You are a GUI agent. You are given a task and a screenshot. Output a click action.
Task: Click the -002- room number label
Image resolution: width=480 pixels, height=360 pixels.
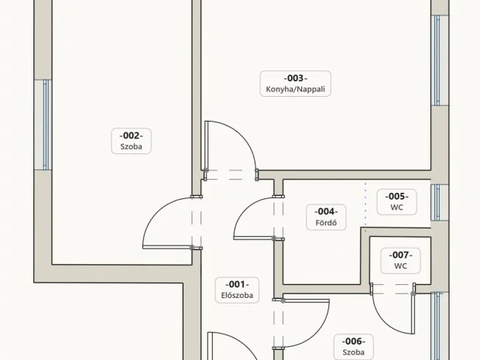[131, 135]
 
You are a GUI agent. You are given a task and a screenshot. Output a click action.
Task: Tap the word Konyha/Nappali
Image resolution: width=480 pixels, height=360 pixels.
[296, 89]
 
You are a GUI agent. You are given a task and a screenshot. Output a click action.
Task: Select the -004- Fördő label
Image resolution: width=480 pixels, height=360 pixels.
[326, 217]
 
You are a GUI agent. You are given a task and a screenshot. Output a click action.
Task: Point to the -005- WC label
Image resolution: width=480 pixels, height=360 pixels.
[396, 202]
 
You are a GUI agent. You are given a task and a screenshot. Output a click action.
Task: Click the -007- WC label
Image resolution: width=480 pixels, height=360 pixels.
[400, 260]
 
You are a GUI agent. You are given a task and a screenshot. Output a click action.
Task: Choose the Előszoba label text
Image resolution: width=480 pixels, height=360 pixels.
[237, 296]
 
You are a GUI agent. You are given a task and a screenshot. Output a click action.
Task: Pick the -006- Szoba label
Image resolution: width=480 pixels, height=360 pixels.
[354, 347]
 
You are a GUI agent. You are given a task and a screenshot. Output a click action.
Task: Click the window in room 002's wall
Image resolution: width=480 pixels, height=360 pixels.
[46, 125]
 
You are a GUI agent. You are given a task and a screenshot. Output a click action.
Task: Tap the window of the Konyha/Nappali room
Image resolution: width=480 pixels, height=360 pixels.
[437, 60]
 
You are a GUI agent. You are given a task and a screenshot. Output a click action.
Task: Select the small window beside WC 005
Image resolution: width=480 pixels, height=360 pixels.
[436, 202]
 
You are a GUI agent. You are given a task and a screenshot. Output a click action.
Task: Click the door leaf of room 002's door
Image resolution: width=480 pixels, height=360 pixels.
[167, 247]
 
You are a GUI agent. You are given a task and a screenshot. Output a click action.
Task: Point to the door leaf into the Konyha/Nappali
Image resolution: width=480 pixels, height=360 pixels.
[207, 145]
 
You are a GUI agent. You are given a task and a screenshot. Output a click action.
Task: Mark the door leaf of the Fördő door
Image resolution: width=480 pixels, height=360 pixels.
[253, 238]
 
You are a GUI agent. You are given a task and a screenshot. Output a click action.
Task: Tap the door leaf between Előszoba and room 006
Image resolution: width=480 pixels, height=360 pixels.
[306, 301]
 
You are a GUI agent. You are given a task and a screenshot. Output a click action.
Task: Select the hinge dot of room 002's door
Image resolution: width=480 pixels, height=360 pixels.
[192, 247]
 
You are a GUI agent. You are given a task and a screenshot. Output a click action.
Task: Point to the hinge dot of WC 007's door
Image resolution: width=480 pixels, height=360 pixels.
[413, 293]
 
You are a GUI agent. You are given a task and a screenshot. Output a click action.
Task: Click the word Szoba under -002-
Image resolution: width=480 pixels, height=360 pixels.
[131, 146]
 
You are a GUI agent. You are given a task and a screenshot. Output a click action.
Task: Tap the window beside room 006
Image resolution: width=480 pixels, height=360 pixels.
[436, 326]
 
